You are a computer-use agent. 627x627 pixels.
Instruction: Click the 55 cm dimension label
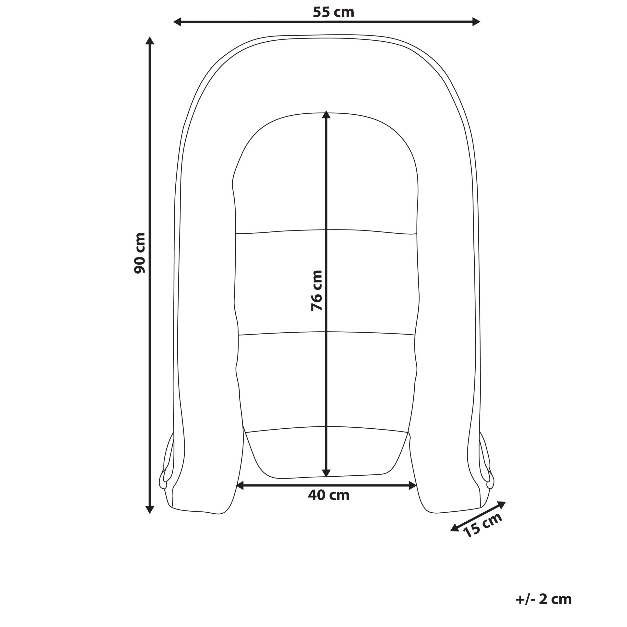coord(333,12)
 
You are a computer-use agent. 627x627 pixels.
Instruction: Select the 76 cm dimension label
coord(317,290)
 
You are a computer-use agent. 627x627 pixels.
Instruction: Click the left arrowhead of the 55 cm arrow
coord(177,22)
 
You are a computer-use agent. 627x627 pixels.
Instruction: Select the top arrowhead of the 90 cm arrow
coord(150,41)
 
